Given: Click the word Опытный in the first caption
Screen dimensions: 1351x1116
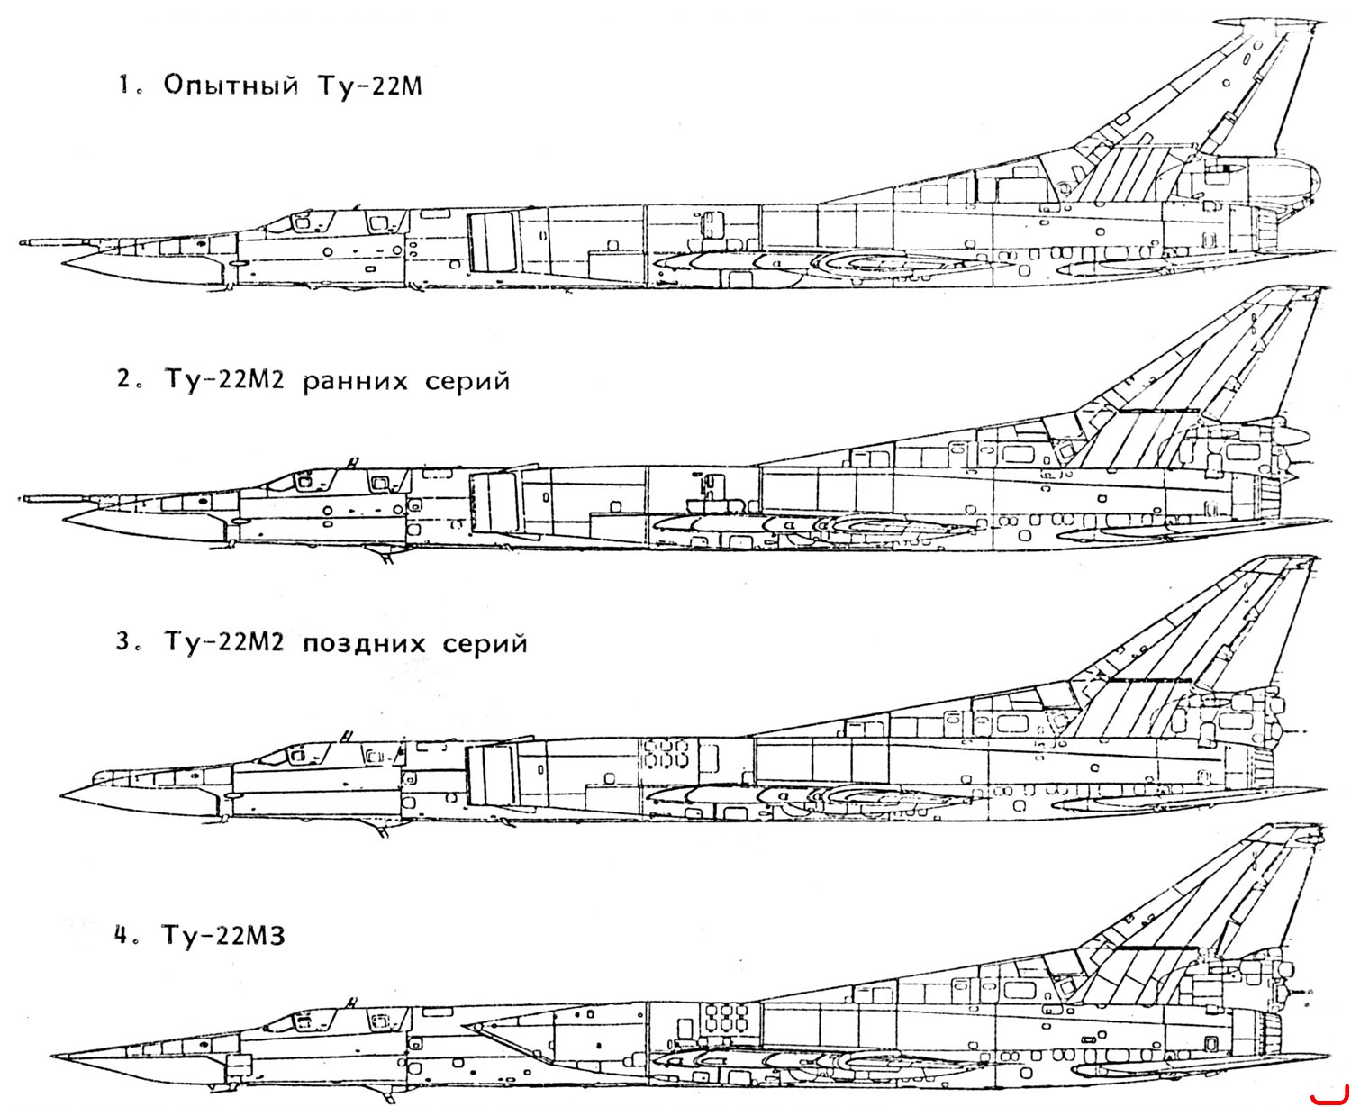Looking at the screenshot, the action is click(x=231, y=87).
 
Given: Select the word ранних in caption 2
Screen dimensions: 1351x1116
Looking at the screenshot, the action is click(x=355, y=382).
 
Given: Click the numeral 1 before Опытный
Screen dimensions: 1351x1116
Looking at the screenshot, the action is click(x=122, y=86).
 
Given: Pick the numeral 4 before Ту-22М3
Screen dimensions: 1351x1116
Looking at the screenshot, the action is click(x=122, y=936).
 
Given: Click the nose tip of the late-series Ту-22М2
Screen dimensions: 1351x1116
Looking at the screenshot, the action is click(x=62, y=795).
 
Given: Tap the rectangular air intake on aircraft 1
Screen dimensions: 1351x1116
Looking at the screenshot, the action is click(x=492, y=241).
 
